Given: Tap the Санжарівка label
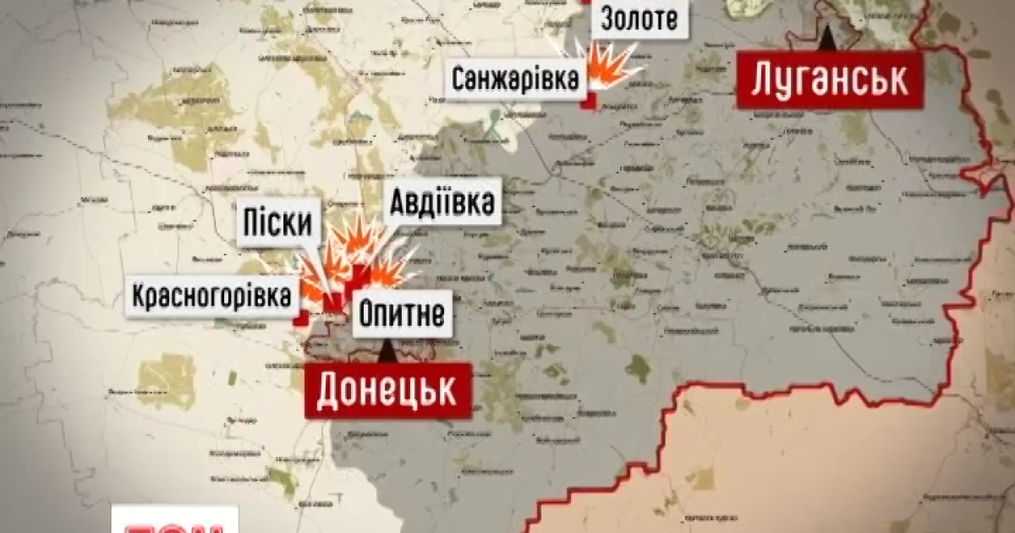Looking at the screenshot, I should click(x=515, y=80).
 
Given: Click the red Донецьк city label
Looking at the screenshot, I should click(x=387, y=390).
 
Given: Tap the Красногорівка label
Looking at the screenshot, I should click(x=215, y=297).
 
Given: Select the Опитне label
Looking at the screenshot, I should click(x=402, y=316).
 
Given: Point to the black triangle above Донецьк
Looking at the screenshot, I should click(x=387, y=349).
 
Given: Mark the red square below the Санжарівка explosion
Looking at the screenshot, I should click(x=590, y=102).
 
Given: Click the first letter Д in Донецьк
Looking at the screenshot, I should click(x=331, y=391).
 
